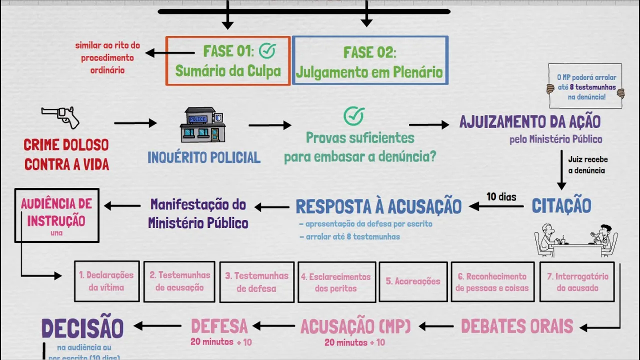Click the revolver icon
60,117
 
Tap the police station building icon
202,125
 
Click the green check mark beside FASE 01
267,50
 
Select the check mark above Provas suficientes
354,116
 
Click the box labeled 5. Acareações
413,281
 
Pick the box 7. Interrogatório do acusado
577,282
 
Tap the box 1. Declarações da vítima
106,281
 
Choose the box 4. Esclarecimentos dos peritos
336,282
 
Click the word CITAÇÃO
561,205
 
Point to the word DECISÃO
82,328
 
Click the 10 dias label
501,196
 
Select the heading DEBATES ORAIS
517,326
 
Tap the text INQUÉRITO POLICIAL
204,157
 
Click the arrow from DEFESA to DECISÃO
157,326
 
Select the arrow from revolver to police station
135,123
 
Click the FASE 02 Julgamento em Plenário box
370,60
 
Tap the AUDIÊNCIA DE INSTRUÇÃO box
57,215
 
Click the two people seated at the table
576,240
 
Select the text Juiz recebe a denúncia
587,165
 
